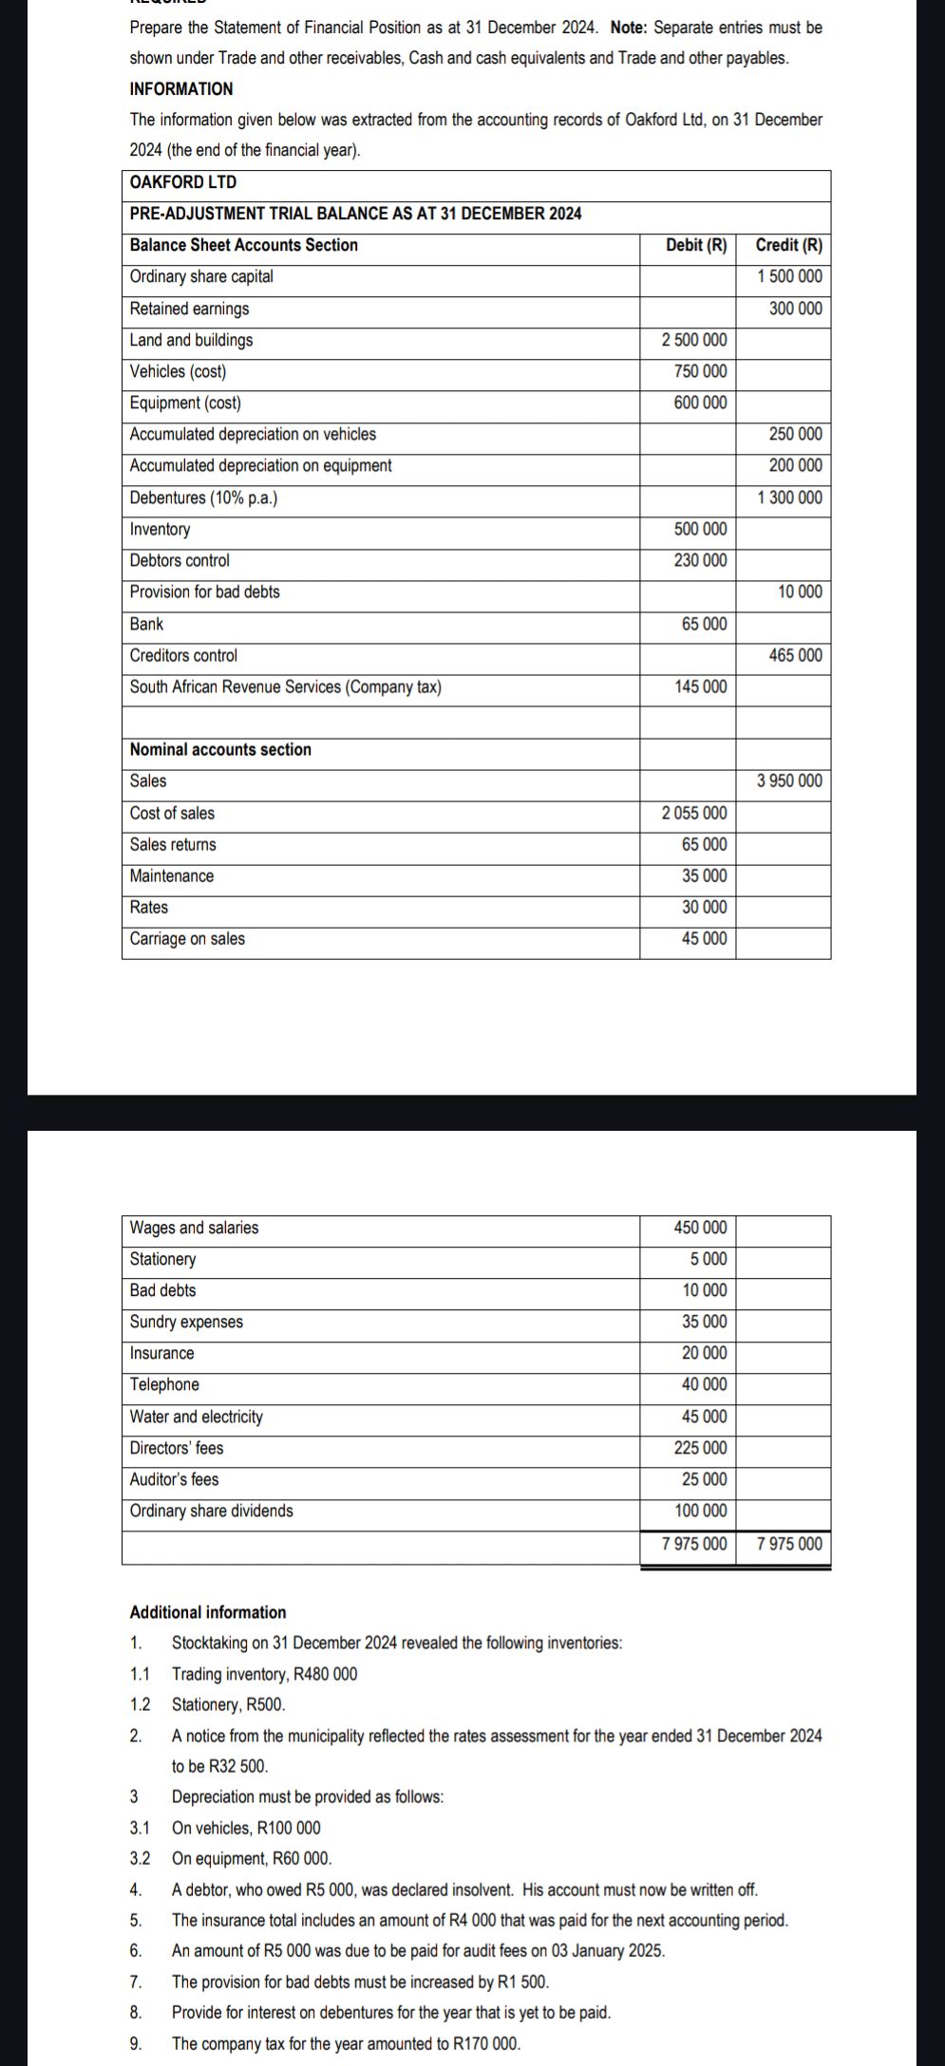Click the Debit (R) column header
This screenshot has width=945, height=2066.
(x=695, y=245)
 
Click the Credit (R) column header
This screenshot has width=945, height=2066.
(x=788, y=245)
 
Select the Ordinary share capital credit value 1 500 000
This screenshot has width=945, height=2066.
(x=789, y=276)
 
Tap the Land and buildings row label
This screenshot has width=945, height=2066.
(x=192, y=340)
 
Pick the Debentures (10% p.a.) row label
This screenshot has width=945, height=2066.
(x=203, y=498)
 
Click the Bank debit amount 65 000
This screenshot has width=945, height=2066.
(x=704, y=624)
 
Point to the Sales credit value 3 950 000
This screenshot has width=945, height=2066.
(x=789, y=780)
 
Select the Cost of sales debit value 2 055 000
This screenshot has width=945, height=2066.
(x=694, y=813)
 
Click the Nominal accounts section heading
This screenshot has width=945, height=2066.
(x=220, y=749)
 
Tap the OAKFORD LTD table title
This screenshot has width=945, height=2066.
(x=183, y=182)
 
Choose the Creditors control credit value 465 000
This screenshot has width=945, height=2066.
(x=795, y=655)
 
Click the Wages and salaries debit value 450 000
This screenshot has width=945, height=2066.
(x=700, y=1228)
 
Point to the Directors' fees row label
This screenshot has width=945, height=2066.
(x=177, y=1448)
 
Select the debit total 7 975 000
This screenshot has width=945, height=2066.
(x=694, y=1544)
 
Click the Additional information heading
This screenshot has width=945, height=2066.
(x=207, y=1612)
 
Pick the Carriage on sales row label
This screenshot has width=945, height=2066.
(x=187, y=939)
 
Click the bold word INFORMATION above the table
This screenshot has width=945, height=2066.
(x=180, y=89)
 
